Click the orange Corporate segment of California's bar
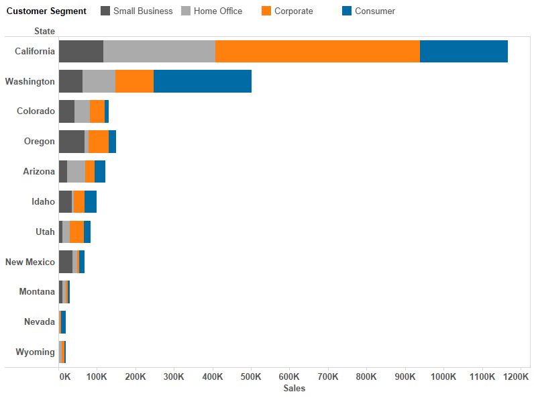point(317,52)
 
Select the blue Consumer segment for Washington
point(203,81)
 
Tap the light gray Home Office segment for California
point(159,52)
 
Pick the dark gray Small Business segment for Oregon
point(71,142)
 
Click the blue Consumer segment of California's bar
point(464,52)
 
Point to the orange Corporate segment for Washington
point(134,81)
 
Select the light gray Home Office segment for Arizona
point(76,172)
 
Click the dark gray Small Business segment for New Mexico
point(65,262)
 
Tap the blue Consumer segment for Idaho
point(91,201)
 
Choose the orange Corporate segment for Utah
point(76,232)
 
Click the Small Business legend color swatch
point(105,11)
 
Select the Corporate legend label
point(293,11)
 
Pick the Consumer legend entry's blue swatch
point(347,11)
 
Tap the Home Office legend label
point(218,11)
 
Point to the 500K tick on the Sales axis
point(251,377)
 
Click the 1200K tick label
point(515,377)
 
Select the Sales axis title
point(294,389)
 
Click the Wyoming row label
point(35,352)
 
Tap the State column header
point(44,31)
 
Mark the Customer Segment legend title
point(46,11)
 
